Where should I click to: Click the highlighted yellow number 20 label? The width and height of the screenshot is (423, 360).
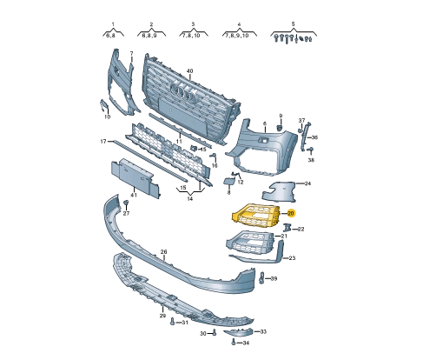tap(291, 214)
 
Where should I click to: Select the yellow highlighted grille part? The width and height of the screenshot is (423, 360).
tap(256, 216)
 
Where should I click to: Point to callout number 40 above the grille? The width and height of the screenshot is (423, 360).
tap(190, 71)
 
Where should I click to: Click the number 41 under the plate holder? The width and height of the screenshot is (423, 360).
tap(134, 195)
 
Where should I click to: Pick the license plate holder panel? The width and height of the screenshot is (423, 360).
tap(135, 177)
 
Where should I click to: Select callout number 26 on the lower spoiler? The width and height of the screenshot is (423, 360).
tap(164, 252)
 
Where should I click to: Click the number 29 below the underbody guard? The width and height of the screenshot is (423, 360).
tap(162, 316)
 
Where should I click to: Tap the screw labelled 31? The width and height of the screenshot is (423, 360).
tap(173, 322)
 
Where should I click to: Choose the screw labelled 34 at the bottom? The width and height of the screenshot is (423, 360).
tap(234, 342)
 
